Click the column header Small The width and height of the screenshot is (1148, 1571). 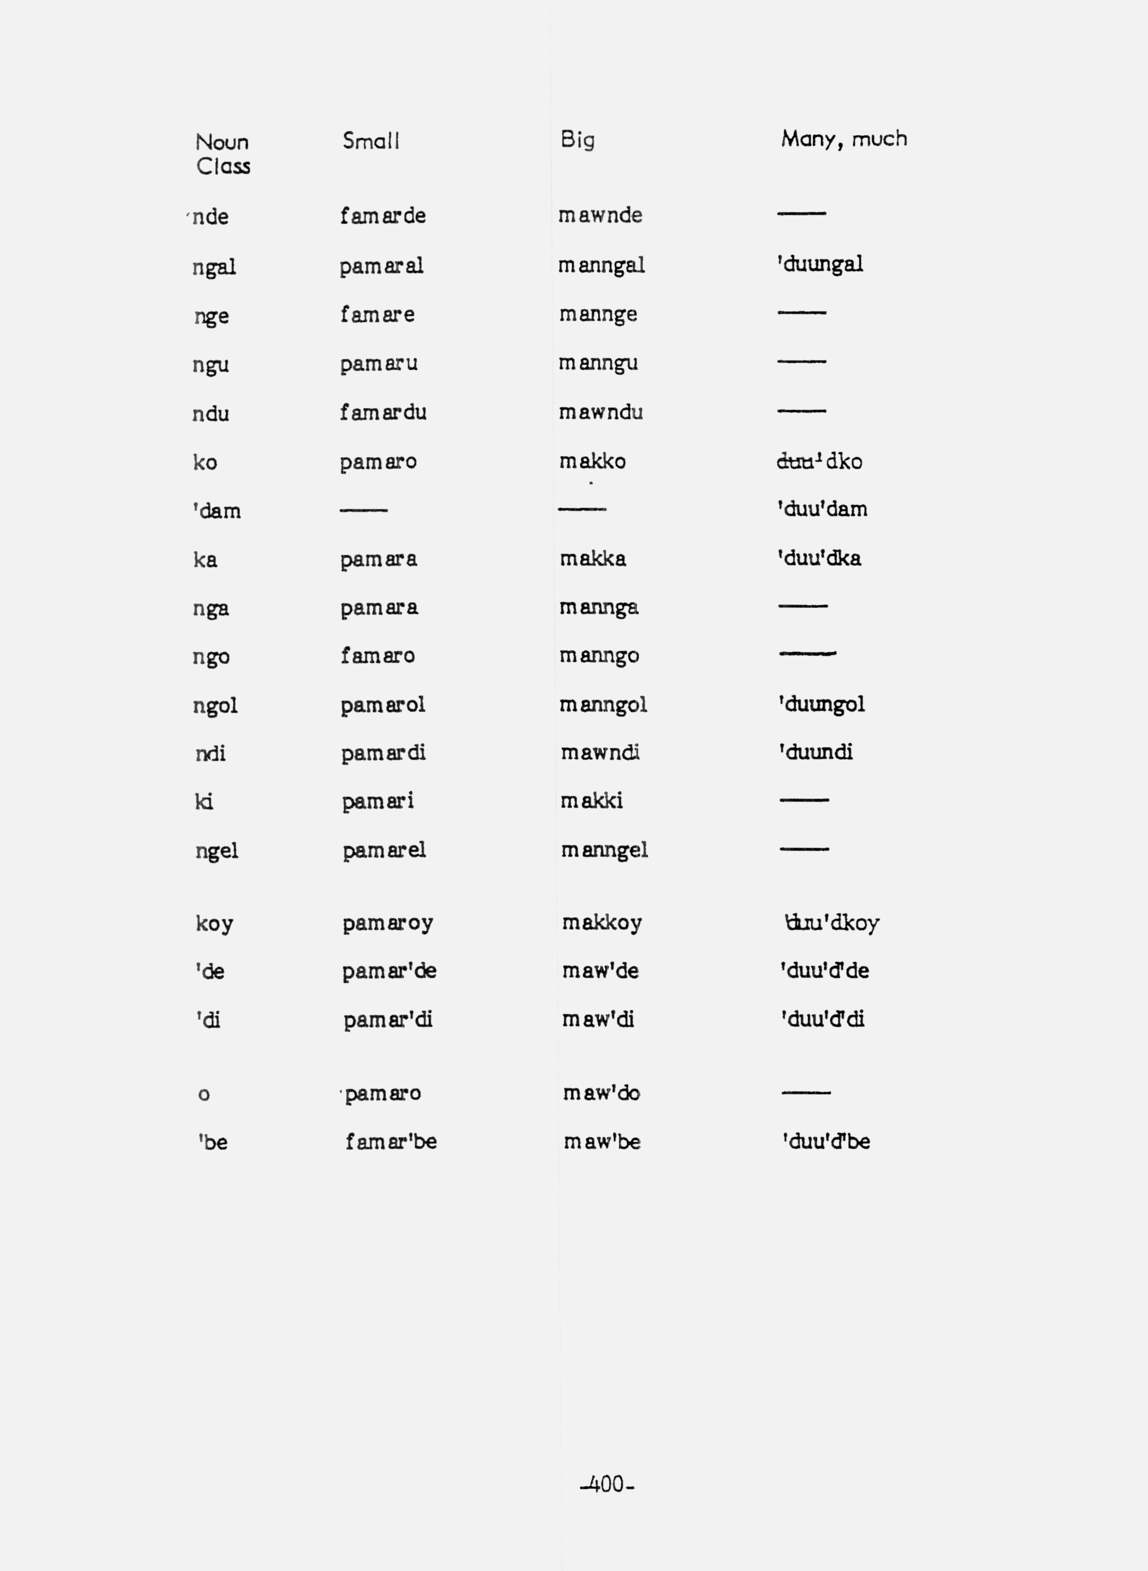371,141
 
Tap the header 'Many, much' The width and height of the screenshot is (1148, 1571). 844,139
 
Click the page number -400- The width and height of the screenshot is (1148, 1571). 607,1484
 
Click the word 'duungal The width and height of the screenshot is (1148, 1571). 820,264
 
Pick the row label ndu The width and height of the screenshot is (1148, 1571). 211,414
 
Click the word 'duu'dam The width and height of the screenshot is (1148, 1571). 822,509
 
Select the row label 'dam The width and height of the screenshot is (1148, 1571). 217,511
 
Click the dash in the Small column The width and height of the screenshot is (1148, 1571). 364,510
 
